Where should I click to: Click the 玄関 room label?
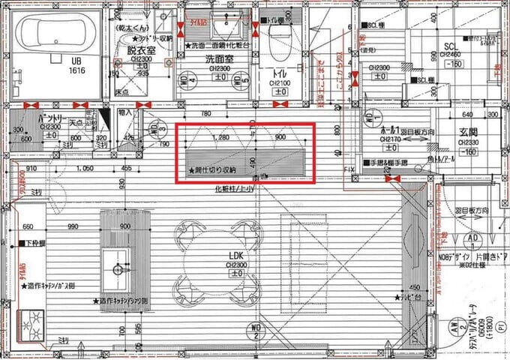tap(469, 132)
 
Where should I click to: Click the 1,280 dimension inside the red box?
tap(220, 139)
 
